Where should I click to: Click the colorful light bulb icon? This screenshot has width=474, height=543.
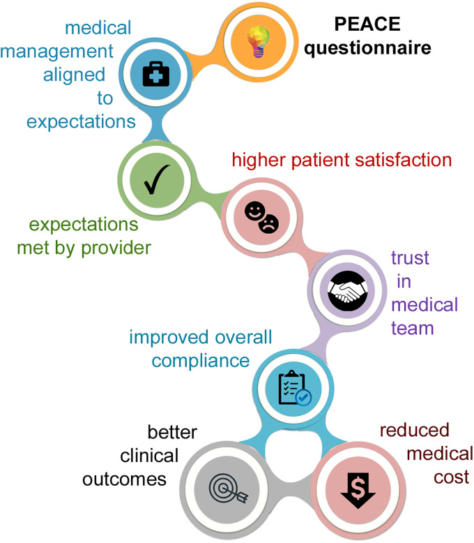[258, 42]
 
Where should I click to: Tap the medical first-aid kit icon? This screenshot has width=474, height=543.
[156, 74]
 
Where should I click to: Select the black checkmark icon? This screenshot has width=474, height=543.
[157, 179]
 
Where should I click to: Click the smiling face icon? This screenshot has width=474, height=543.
[255, 211]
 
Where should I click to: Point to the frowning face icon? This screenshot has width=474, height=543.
[269, 224]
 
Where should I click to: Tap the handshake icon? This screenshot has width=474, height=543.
[347, 290]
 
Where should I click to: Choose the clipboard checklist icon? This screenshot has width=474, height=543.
[295, 388]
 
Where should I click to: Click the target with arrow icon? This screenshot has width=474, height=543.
[228, 488]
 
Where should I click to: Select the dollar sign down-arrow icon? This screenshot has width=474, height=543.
[358, 490]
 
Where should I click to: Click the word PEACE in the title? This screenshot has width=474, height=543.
[367, 24]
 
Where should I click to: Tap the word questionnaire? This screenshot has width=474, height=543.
[367, 48]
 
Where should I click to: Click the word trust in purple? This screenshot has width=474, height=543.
[410, 258]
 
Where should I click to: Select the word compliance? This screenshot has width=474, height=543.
[201, 362]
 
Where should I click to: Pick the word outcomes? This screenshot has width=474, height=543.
[124, 479]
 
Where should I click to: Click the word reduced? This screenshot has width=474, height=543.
[415, 430]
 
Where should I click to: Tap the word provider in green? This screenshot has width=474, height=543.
[116, 248]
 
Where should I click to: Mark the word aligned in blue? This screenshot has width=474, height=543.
[74, 75]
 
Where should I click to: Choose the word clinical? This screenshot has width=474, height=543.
[149, 456]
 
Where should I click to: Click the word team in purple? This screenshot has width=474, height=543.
[413, 328]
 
